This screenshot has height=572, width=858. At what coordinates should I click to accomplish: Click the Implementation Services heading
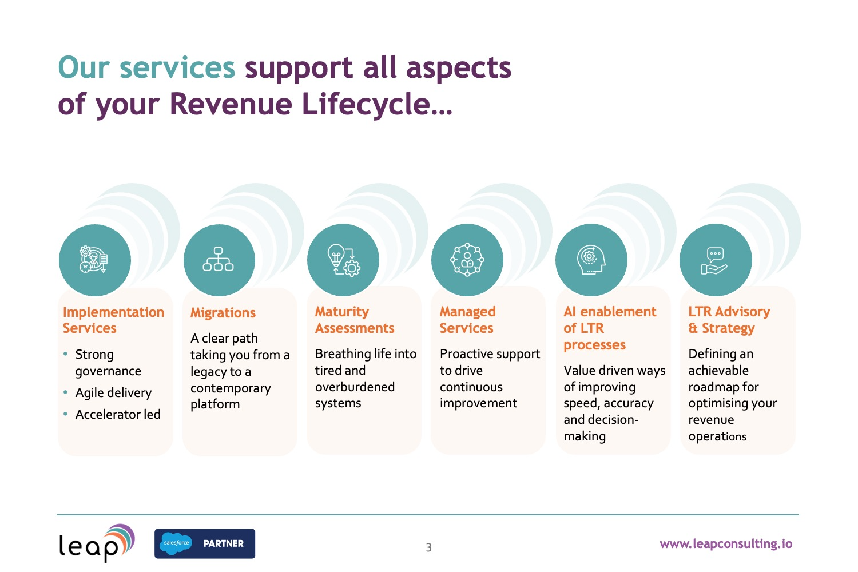click(113, 320)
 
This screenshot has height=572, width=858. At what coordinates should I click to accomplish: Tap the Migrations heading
click(223, 313)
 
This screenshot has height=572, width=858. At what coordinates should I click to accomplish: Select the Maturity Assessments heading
click(355, 320)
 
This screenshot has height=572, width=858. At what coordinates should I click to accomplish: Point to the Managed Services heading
click(467, 320)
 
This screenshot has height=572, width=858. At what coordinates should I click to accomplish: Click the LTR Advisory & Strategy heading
click(729, 320)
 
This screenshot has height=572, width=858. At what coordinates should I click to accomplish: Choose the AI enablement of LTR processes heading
click(610, 328)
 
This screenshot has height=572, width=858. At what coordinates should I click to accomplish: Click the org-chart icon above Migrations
click(219, 260)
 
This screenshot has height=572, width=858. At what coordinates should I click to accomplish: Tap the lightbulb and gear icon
click(343, 260)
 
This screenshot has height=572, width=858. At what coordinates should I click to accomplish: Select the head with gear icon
click(591, 260)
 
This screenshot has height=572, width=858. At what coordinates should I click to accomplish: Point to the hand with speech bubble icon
click(715, 261)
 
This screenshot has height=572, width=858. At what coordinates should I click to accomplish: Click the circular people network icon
click(467, 260)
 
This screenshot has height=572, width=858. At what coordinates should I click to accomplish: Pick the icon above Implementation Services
click(94, 260)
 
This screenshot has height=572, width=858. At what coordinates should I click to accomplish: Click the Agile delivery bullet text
click(113, 393)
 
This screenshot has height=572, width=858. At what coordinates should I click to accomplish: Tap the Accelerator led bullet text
click(118, 414)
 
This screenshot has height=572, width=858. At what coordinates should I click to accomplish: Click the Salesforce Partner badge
click(204, 543)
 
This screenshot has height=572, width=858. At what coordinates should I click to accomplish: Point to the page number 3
click(428, 547)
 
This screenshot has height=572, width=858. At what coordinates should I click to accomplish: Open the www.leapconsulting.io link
click(725, 543)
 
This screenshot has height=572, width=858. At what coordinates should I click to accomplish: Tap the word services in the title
click(177, 67)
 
